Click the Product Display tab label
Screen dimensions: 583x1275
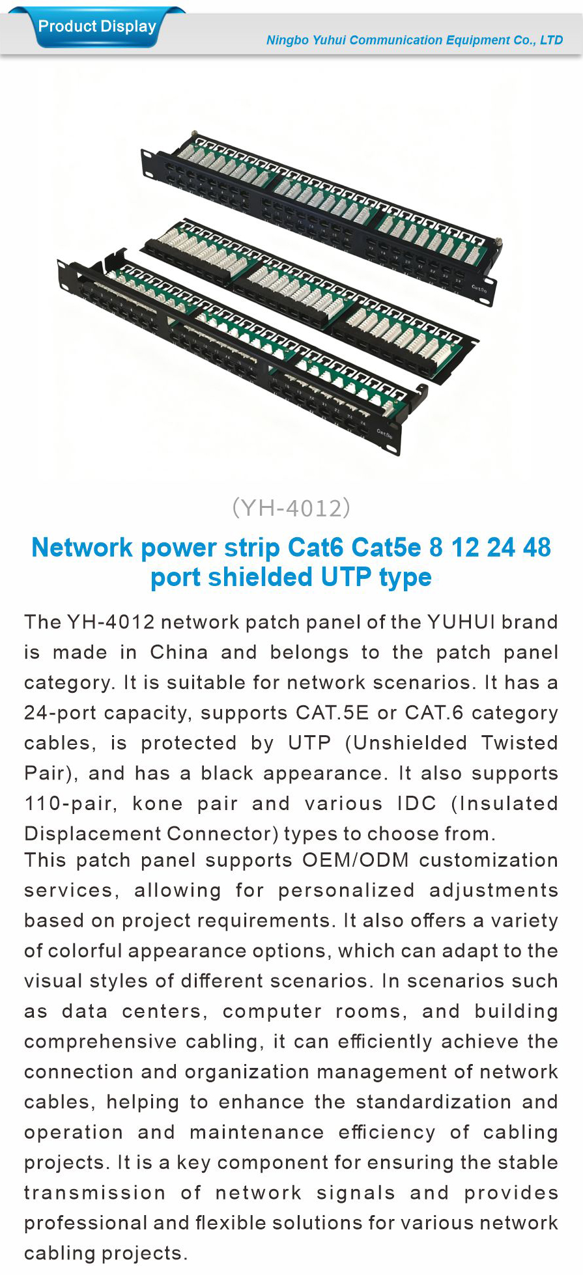(x=97, y=27)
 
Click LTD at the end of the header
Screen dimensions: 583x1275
(x=551, y=40)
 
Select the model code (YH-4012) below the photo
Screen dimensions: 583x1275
(x=291, y=508)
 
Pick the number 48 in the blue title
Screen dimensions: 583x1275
(x=536, y=548)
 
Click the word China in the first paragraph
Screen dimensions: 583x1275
(x=178, y=652)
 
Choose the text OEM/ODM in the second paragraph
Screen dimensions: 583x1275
(x=356, y=860)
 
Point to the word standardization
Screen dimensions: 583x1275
(x=433, y=1102)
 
